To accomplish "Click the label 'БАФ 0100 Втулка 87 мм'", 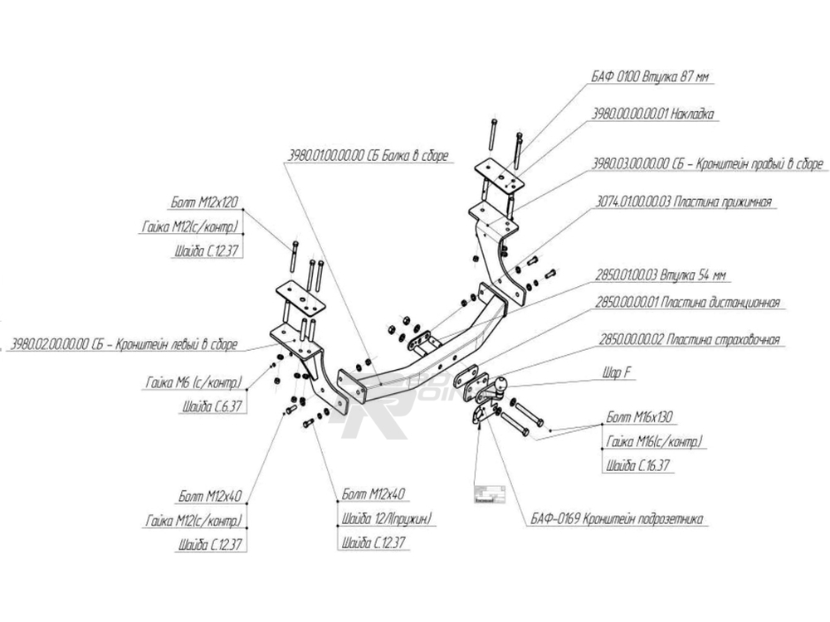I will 652,77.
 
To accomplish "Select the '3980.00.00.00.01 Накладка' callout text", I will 654,115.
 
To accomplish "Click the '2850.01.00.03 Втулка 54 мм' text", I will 662,275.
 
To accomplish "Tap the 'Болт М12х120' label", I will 207,203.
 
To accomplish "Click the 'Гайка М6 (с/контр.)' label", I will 193,383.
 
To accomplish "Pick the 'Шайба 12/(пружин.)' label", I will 387,520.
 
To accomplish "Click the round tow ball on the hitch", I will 504,384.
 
